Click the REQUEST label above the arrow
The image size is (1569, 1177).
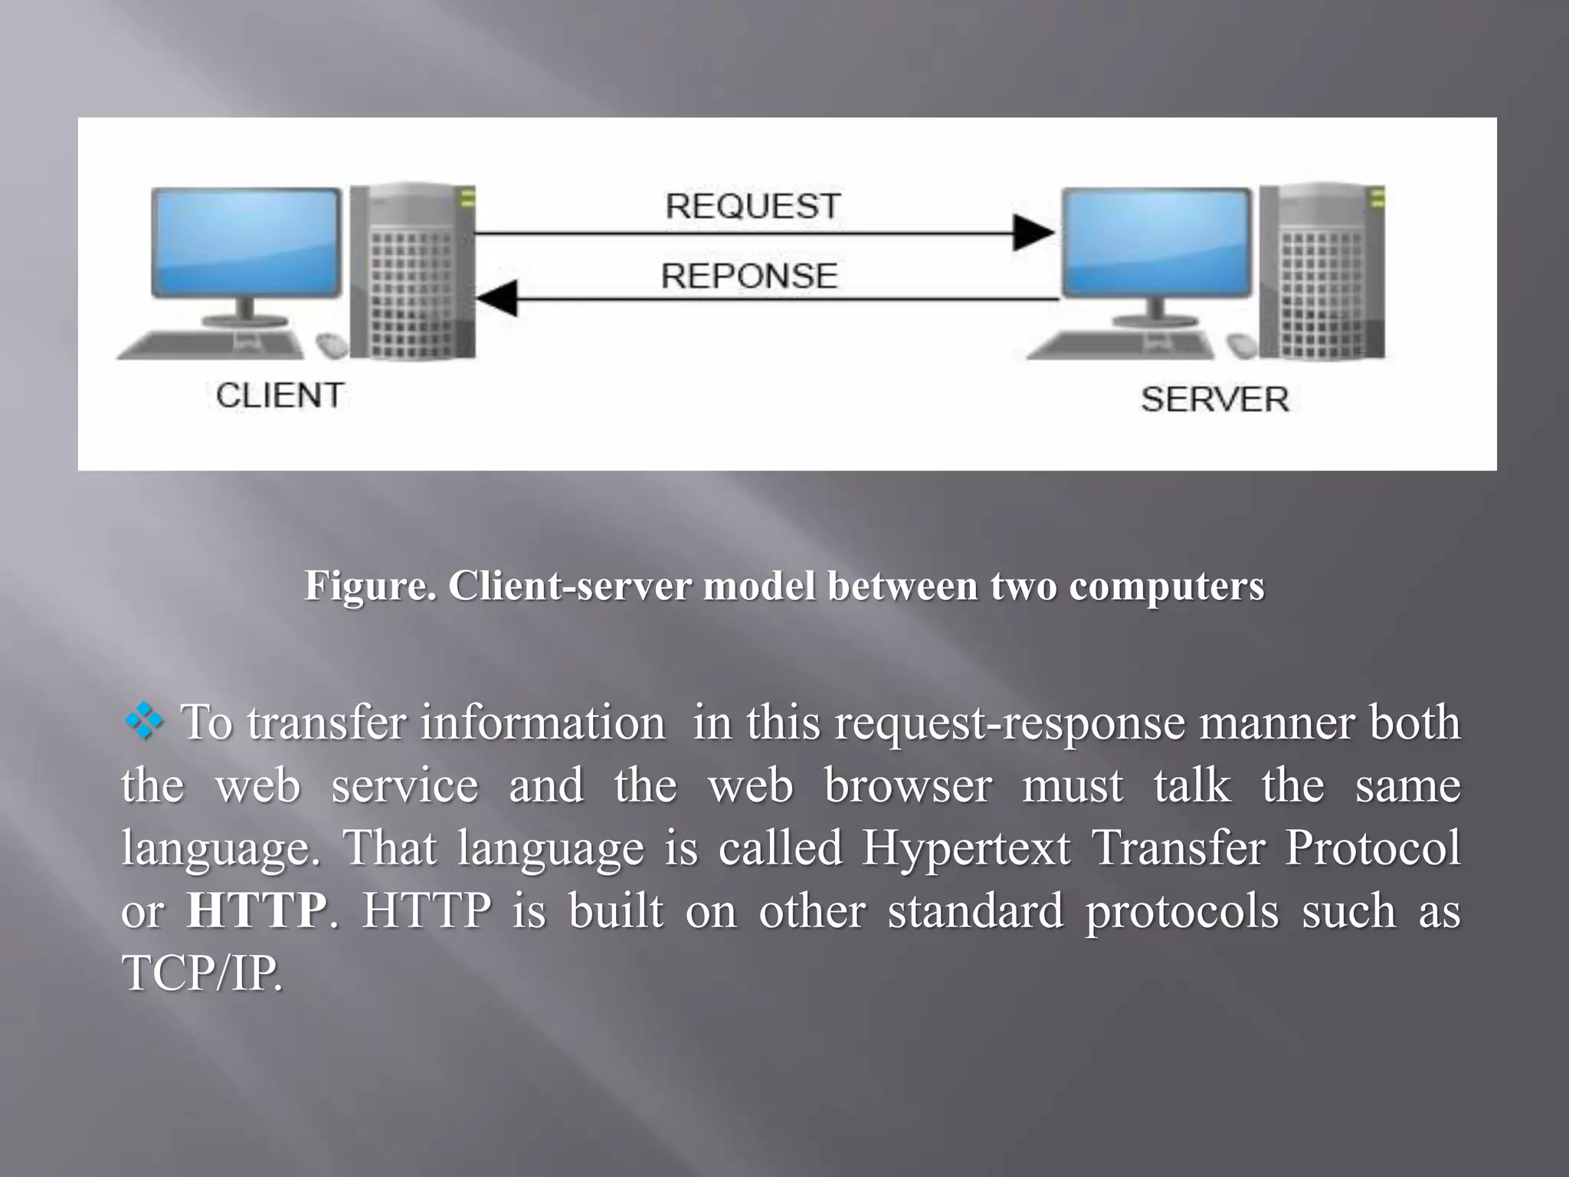752,206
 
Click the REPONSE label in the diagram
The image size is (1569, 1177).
748,276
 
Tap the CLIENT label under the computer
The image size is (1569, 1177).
280,396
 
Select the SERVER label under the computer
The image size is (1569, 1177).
1214,400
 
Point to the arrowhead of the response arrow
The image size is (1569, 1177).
496,298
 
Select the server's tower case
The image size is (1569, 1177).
1323,272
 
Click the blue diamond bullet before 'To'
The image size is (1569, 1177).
144,722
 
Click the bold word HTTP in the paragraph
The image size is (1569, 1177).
257,910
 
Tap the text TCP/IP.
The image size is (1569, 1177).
202,973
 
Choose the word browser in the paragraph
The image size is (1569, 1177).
908,785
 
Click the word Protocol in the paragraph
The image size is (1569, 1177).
1373,848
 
